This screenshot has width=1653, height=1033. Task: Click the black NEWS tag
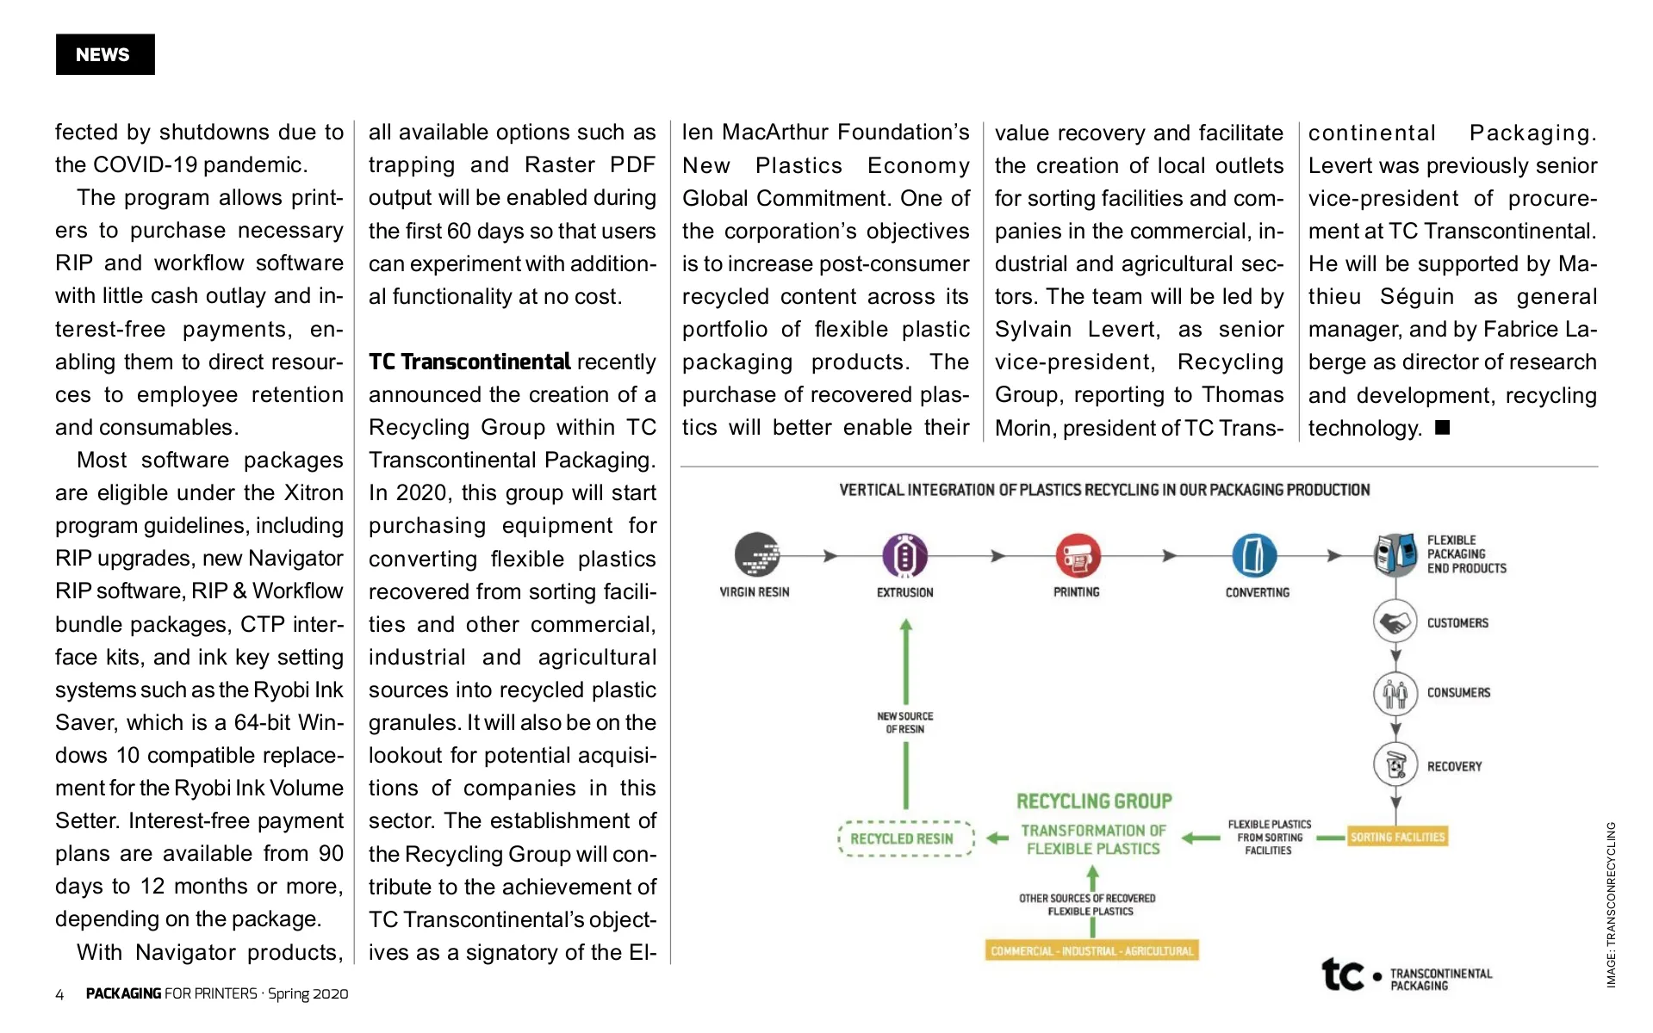coord(105,54)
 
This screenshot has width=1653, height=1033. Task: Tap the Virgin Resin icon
coord(756,554)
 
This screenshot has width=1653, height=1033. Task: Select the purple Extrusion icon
coord(904,555)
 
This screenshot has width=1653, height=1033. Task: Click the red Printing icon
coord(1078,555)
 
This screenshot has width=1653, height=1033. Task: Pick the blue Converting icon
coord(1253,555)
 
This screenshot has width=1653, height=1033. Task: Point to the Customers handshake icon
coord(1395,622)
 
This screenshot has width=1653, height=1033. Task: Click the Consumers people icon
coord(1395,693)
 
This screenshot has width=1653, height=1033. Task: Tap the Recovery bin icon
coord(1395,764)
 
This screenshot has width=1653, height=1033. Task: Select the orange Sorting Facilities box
coord(1397,837)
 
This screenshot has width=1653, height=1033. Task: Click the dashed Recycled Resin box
coord(905,838)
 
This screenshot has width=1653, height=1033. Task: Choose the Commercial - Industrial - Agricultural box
coord(1092,951)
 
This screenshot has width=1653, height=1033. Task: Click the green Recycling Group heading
coord(1094,801)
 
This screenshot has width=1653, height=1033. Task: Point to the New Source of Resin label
coord(904,722)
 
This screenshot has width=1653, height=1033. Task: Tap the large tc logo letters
coord(1343,974)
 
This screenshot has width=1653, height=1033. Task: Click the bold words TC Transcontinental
coord(469,362)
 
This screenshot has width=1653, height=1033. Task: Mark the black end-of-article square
coord(1443,428)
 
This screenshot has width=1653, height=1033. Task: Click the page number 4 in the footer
coord(59,994)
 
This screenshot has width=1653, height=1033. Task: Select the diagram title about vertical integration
coord(1104,490)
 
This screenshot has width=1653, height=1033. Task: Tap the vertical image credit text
coord(1610,904)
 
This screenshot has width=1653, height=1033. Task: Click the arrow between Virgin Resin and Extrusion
coord(830,556)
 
